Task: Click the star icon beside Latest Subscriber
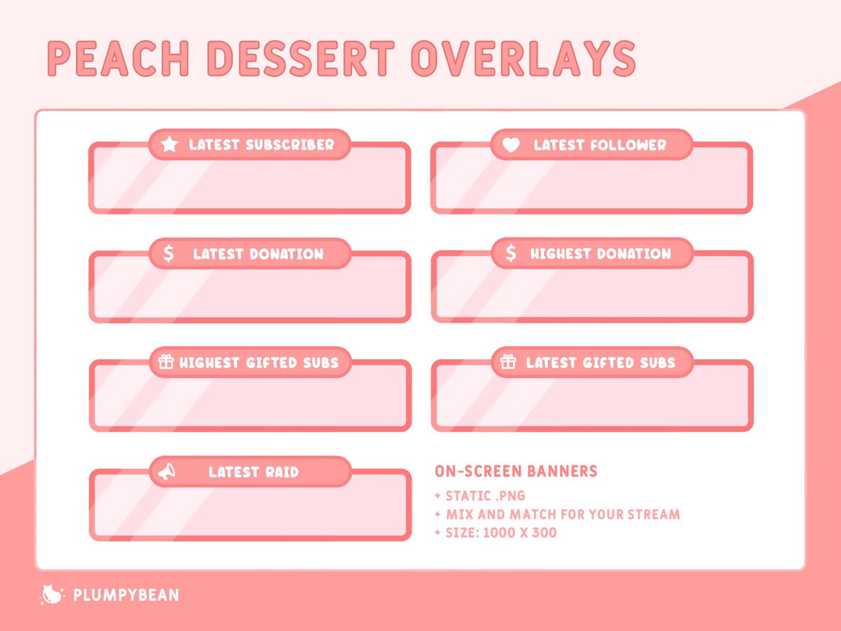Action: pyautogui.click(x=169, y=144)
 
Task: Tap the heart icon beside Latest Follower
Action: pyautogui.click(x=512, y=145)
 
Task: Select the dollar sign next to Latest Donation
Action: pyautogui.click(x=168, y=254)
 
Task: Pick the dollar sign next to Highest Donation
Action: pyautogui.click(x=511, y=254)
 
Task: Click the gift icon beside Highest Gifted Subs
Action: pyautogui.click(x=165, y=362)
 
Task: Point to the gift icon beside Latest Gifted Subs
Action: pyautogui.click(x=508, y=362)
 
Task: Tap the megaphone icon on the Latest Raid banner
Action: pyautogui.click(x=167, y=472)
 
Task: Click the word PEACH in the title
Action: pyautogui.click(x=114, y=59)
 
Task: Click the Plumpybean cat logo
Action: pyautogui.click(x=51, y=595)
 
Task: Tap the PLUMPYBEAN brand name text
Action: pyautogui.click(x=126, y=595)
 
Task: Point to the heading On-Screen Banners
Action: pyautogui.click(x=516, y=471)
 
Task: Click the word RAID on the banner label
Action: pyautogui.click(x=280, y=472)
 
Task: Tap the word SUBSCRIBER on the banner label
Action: pyautogui.click(x=290, y=145)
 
